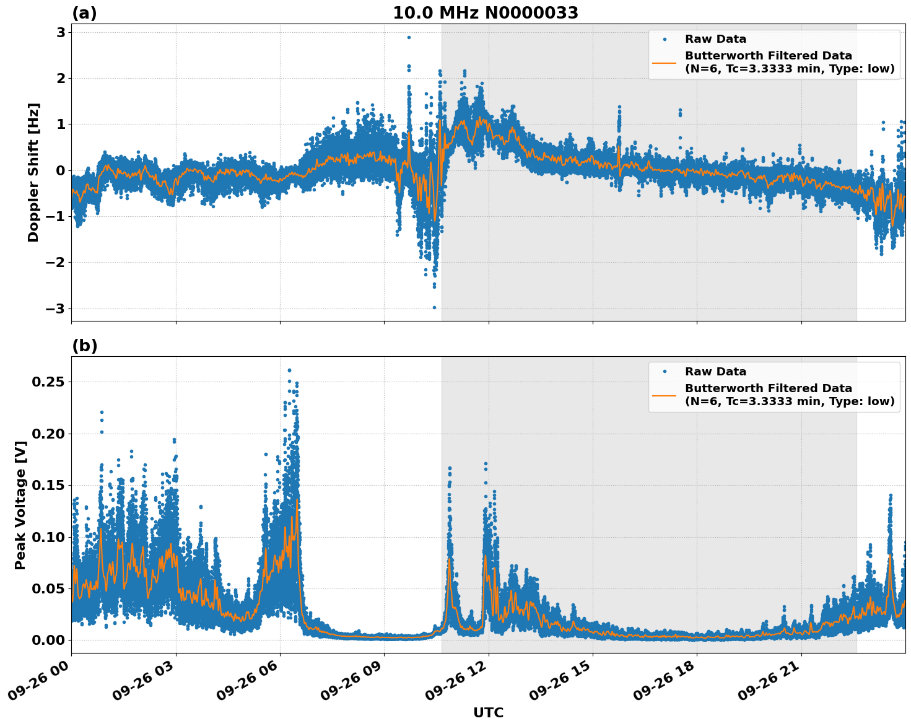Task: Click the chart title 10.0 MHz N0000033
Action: pyautogui.click(x=486, y=13)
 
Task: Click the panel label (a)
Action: pyautogui.click(x=84, y=13)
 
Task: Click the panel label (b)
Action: pyautogui.click(x=84, y=346)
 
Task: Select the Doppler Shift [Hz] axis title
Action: pyautogui.click(x=33, y=172)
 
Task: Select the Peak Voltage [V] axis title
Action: pyautogui.click(x=20, y=505)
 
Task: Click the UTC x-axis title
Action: pyautogui.click(x=488, y=713)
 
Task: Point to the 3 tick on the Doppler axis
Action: pyautogui.click(x=61, y=32)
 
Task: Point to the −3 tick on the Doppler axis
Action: pyautogui.click(x=56, y=308)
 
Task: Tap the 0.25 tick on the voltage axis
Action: pyautogui.click(x=48, y=382)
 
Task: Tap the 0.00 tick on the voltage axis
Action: pyautogui.click(x=48, y=640)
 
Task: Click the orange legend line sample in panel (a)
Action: pyautogui.click(x=664, y=63)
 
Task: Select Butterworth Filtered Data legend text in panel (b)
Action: pyautogui.click(x=768, y=388)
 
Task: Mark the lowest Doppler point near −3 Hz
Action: pyautogui.click(x=434, y=307)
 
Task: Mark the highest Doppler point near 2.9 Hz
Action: pyautogui.click(x=409, y=37)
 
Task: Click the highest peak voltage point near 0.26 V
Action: pyautogui.click(x=289, y=370)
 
